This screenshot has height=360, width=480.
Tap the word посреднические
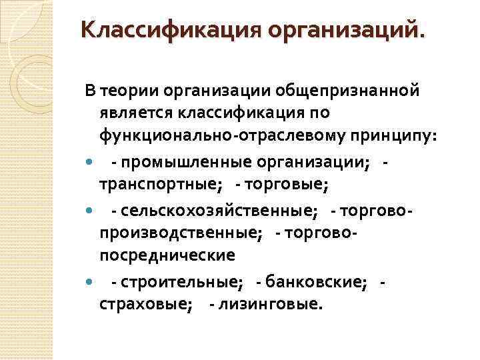167,255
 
